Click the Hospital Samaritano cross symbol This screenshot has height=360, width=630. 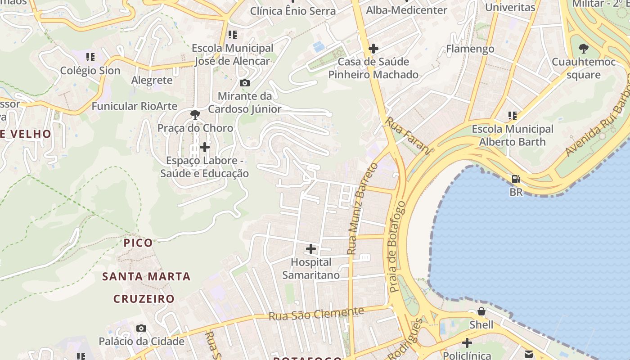(310, 248)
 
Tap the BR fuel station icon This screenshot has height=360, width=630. (516, 179)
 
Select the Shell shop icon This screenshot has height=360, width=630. (481, 311)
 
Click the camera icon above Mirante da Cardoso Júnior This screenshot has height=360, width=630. (245, 83)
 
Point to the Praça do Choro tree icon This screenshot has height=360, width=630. (195, 115)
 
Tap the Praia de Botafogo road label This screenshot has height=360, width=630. (398, 247)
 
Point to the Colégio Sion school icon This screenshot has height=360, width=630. (90, 57)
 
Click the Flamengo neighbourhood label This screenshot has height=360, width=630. (470, 49)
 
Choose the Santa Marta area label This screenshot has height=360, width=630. (146, 276)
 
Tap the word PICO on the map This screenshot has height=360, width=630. (138, 243)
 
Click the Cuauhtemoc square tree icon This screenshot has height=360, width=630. (583, 48)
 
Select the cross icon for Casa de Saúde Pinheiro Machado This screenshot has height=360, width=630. (373, 48)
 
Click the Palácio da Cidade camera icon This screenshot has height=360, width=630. (141, 328)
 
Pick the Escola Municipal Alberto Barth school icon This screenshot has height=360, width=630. (512, 116)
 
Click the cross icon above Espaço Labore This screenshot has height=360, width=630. (205, 147)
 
